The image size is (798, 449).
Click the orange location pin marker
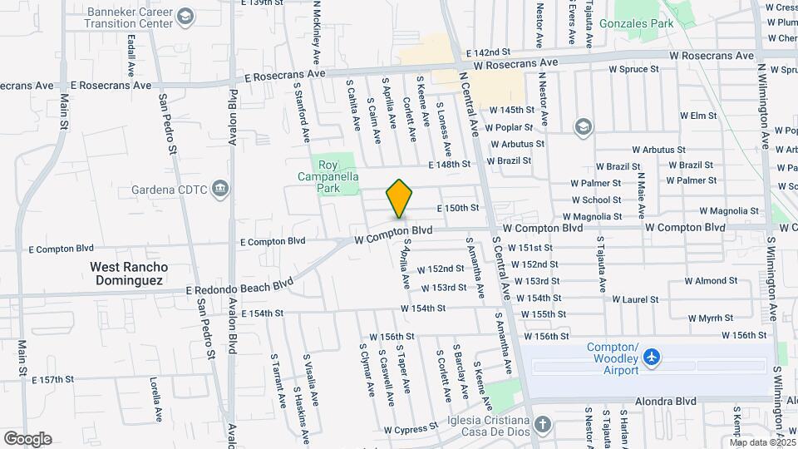point(400,198)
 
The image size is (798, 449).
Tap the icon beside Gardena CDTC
point(219,189)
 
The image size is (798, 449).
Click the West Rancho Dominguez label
point(129,274)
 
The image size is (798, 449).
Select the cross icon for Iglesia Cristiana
point(542,425)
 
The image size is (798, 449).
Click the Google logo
point(27,439)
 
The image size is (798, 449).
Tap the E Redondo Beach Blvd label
point(240,289)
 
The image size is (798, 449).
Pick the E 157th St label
point(59,380)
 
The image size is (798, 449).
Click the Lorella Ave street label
point(155,399)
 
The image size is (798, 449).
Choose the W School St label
point(595,200)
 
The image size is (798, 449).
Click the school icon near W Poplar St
point(584,126)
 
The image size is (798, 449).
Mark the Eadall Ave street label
point(131,57)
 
